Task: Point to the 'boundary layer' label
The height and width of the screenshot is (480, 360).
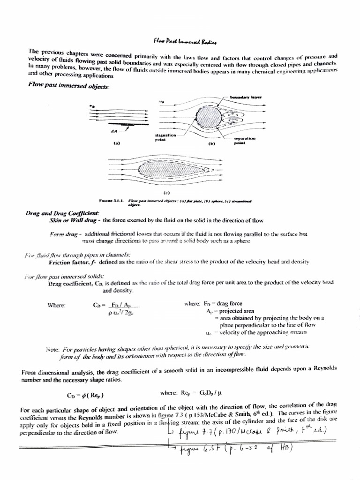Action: [x=245, y=97]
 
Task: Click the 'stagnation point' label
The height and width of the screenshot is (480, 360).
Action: [x=165, y=137]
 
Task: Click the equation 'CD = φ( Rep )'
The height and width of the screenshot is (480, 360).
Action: [x=85, y=394]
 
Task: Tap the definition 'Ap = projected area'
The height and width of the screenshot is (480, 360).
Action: [x=230, y=311]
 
